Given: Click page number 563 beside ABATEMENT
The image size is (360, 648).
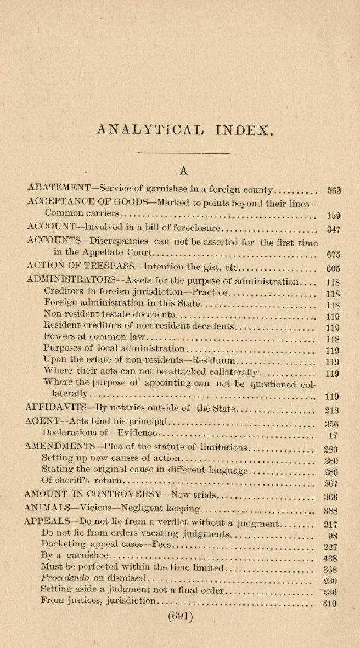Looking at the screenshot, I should click(x=334, y=191).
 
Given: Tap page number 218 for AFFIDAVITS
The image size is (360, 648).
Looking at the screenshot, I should click(x=332, y=409).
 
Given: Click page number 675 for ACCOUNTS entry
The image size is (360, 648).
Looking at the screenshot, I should click(x=333, y=254).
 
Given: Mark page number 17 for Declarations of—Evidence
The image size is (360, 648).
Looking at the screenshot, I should click(x=332, y=437).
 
